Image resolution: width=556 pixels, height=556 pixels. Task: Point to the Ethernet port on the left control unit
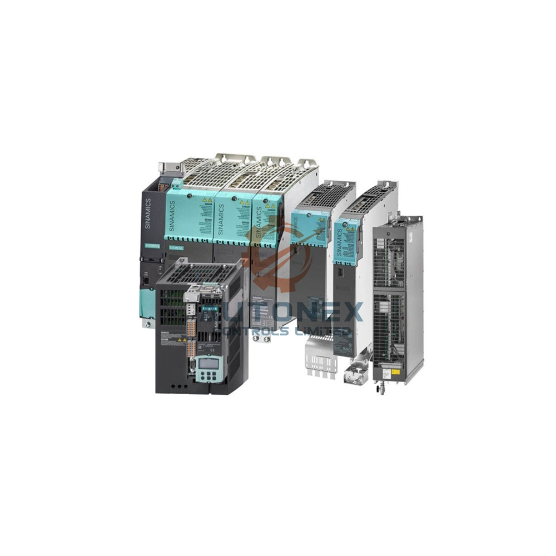coord(146,282)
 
